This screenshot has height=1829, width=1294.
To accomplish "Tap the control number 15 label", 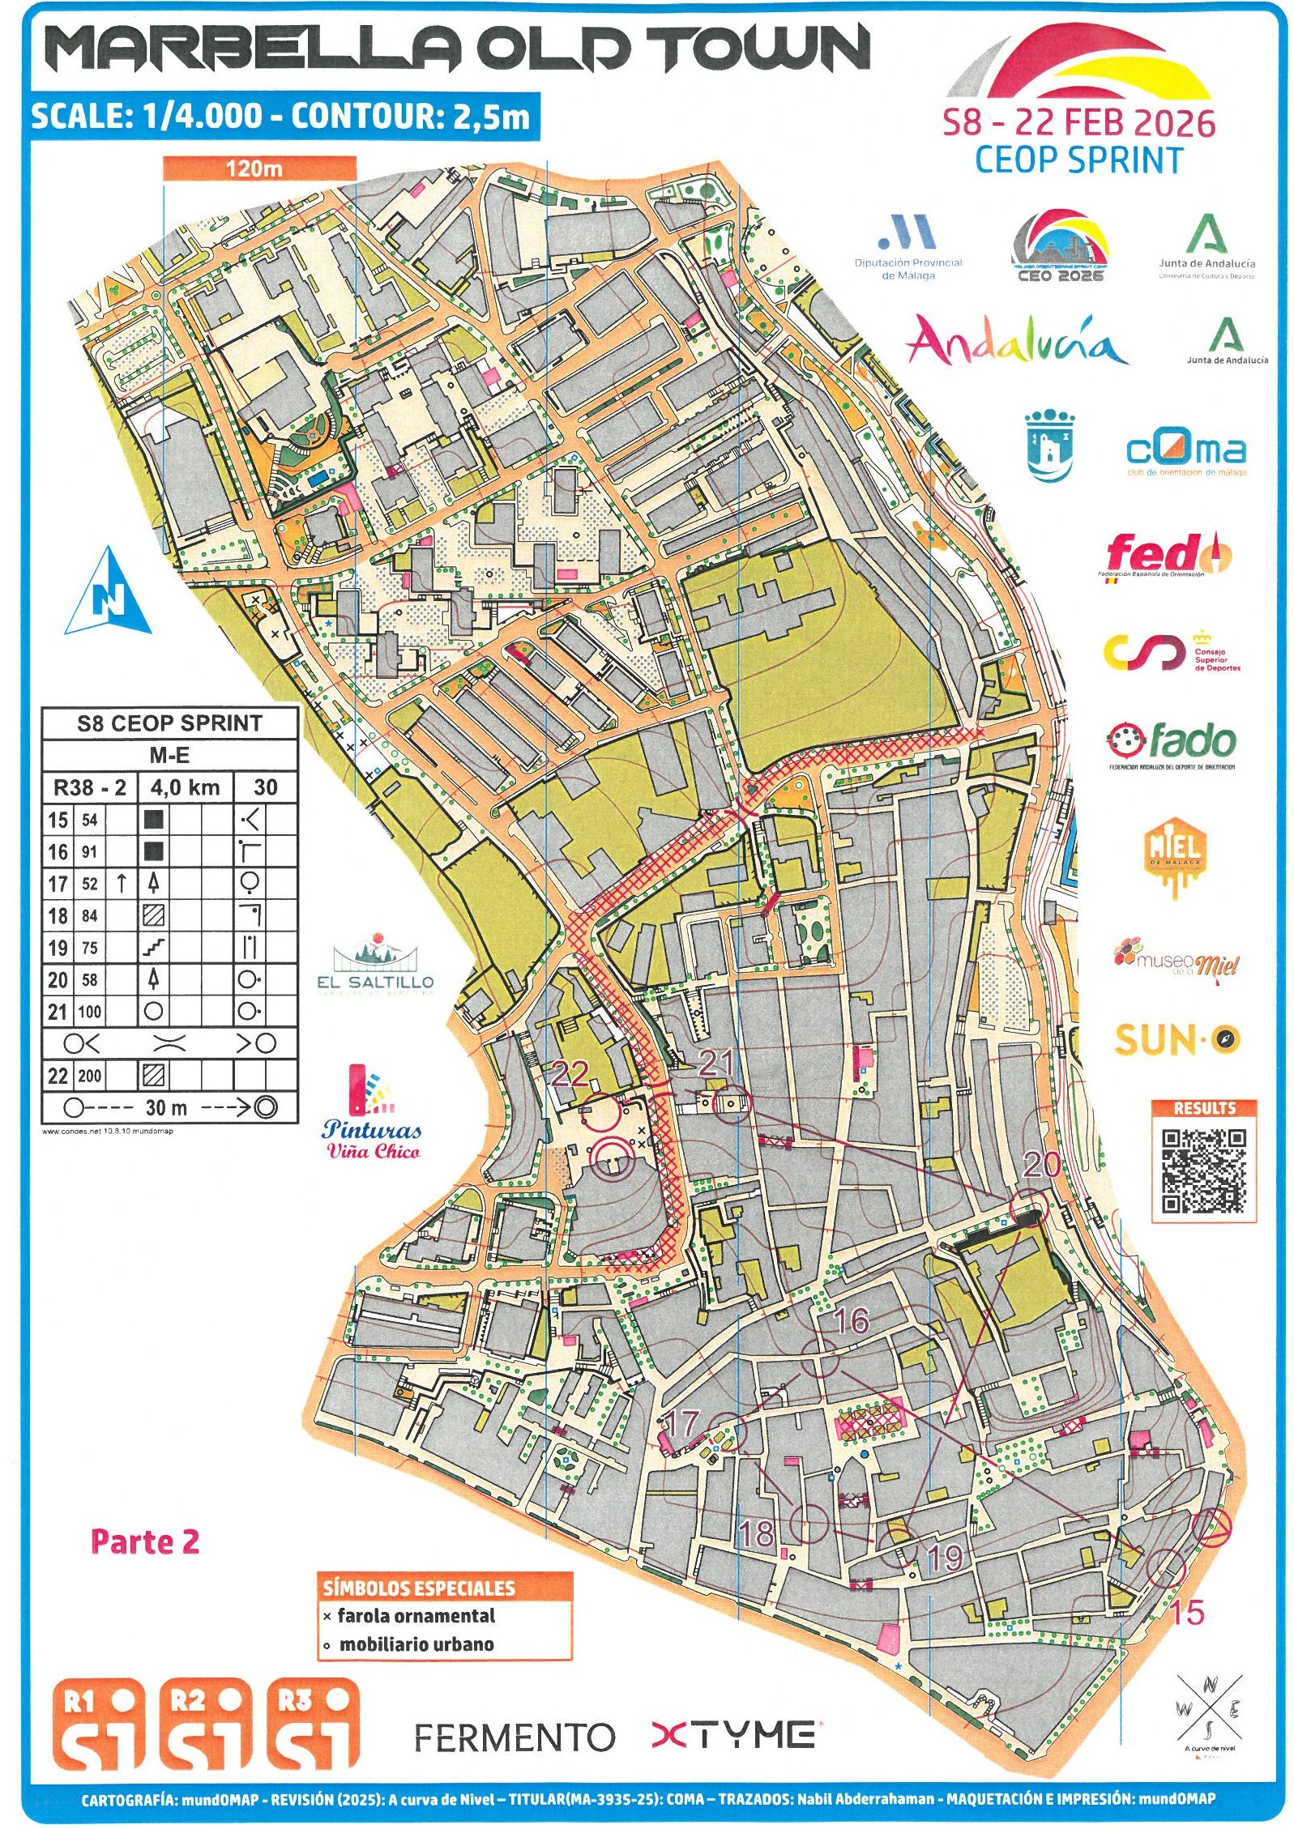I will click(x=1187, y=1611).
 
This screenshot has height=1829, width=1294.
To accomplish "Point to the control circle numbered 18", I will click(x=809, y=1523).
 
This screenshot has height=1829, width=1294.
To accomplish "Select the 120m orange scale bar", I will click(x=258, y=168).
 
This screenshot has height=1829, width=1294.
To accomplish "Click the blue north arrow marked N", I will click(x=109, y=593).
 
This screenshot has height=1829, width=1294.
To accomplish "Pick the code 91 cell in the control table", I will click(x=89, y=851).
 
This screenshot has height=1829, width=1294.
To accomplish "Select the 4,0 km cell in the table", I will click(x=185, y=787).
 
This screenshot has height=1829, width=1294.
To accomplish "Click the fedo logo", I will click(x=1167, y=555).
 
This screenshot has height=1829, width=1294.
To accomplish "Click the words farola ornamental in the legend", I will click(x=416, y=1615).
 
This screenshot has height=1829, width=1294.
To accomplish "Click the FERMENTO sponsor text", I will click(x=514, y=1737).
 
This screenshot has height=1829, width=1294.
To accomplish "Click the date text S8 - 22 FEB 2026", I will click(x=1078, y=122).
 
